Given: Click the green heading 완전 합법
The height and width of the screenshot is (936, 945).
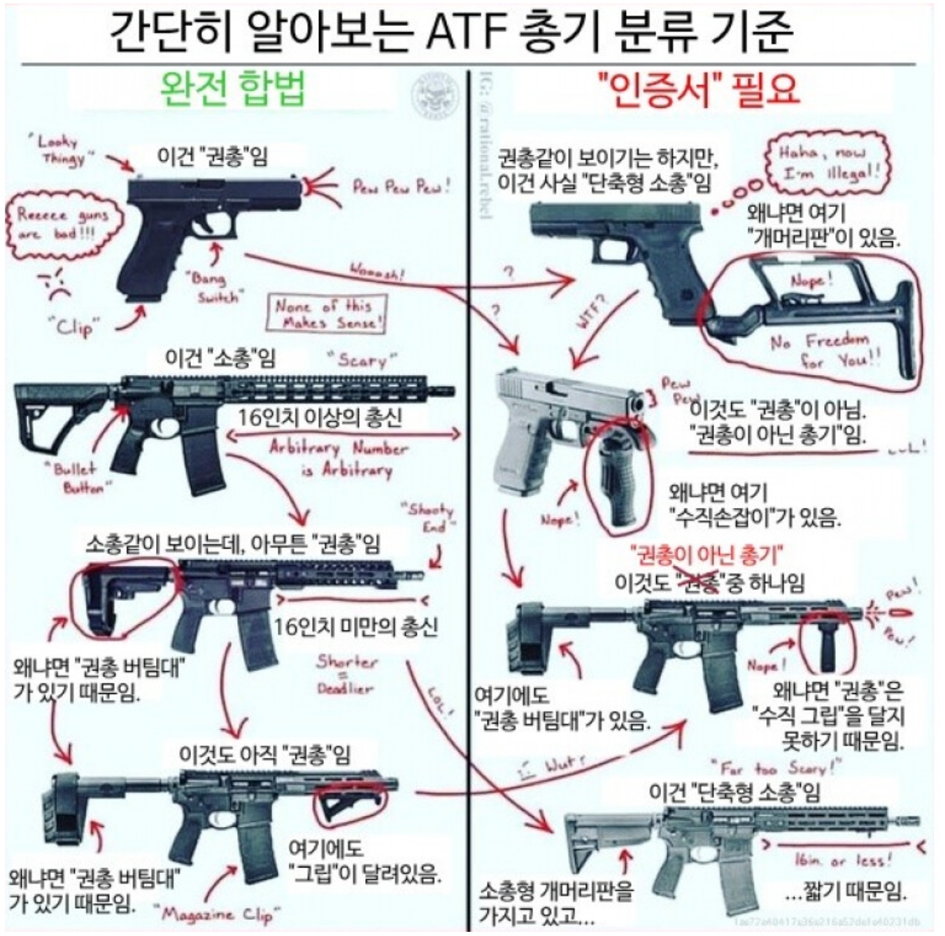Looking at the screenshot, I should click(233, 90).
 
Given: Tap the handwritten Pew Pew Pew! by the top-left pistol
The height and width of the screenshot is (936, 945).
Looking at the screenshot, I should click(401, 186).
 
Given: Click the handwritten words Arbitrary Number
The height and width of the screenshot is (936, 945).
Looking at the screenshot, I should click(339, 448).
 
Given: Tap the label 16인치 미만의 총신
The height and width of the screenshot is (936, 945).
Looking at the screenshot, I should click(355, 626).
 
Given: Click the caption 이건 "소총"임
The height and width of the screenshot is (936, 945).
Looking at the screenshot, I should click(220, 358).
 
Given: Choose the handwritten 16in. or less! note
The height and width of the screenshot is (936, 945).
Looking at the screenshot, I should click(843, 859).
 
